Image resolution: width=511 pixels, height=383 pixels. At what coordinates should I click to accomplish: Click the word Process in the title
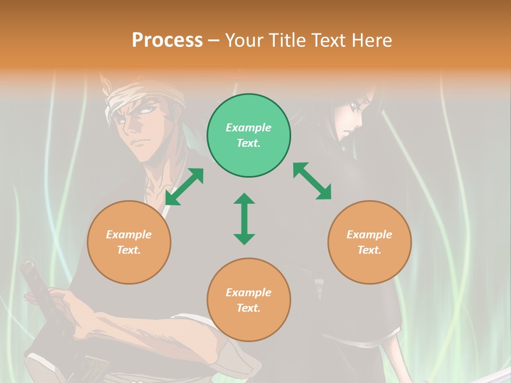pos(167,40)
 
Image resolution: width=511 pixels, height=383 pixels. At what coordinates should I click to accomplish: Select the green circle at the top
pos(249,136)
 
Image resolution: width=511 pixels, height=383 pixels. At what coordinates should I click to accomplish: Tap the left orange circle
pos(129,242)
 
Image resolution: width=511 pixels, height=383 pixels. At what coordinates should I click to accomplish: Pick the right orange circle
pos(369,242)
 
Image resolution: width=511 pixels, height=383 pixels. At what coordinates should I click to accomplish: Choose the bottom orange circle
pos(249,299)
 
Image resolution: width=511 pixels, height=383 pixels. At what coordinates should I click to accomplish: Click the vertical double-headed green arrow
pos(244,219)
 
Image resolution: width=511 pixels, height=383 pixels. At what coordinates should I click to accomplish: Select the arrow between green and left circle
pos(184,187)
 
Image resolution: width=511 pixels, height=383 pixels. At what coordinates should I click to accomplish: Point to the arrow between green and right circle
pos(312,181)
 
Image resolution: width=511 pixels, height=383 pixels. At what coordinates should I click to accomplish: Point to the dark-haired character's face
pos(349,120)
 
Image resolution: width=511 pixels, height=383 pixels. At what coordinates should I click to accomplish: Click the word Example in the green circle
pos(249,128)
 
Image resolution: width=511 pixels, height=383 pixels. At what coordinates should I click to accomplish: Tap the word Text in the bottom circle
pos(249,308)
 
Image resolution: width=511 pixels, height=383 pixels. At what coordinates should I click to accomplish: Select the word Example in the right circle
pos(369,235)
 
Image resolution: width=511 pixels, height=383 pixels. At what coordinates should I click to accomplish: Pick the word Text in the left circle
pos(129,250)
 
